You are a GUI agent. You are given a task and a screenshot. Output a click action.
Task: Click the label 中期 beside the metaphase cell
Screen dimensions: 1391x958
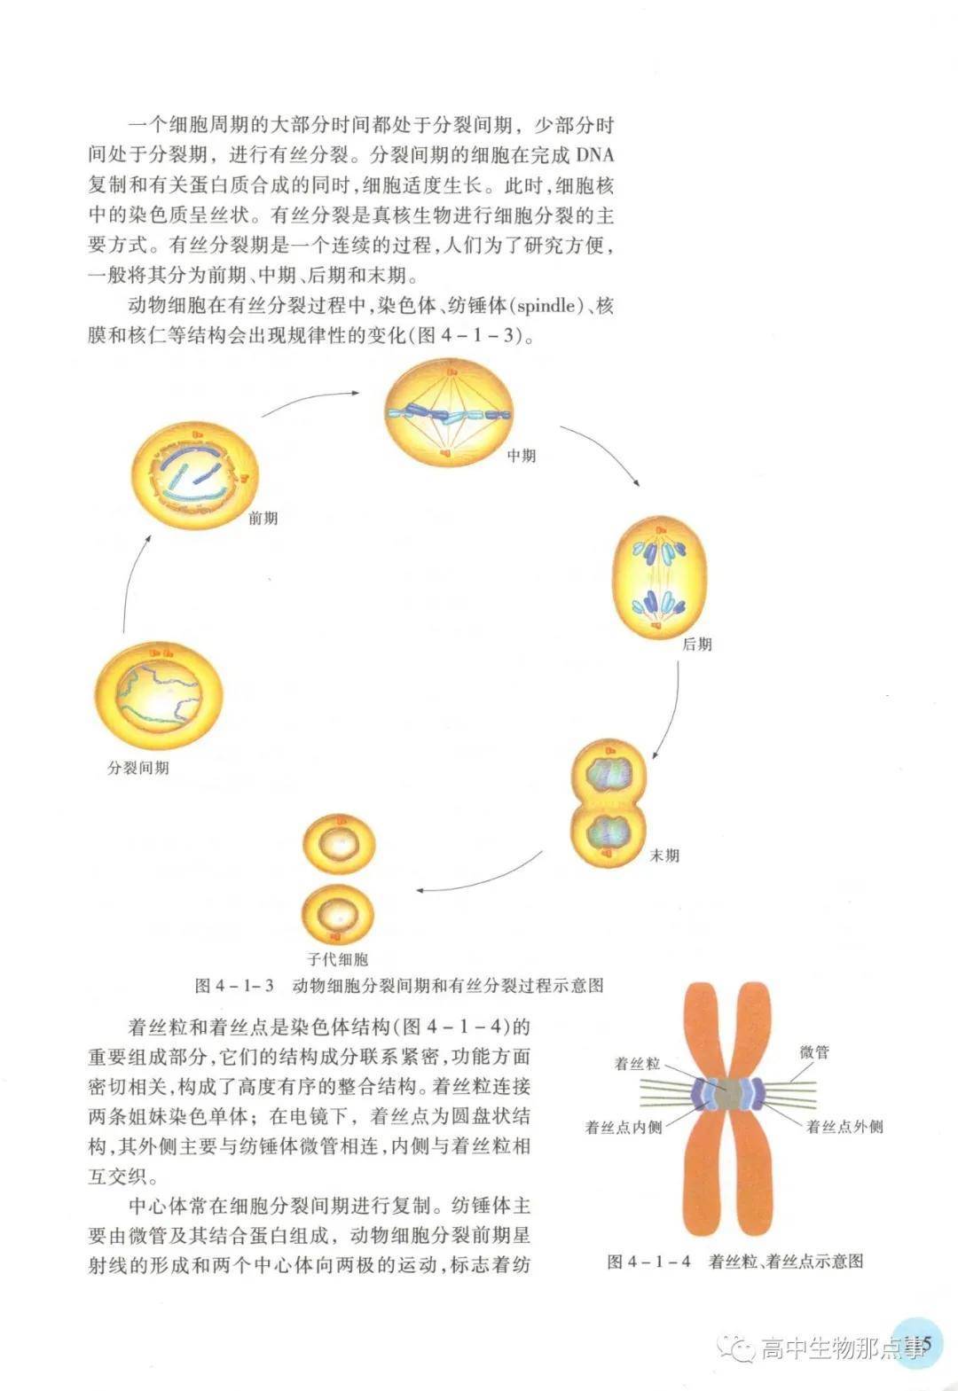pos(521,456)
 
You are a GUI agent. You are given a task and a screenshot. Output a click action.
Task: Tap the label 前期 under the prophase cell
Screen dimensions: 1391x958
pos(263,518)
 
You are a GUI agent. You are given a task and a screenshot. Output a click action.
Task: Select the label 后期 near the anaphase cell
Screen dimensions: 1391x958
pos(696,645)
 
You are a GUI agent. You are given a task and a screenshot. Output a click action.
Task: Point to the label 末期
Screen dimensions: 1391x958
pos(664,856)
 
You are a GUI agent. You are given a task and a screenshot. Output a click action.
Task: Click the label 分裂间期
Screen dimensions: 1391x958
pos(138,768)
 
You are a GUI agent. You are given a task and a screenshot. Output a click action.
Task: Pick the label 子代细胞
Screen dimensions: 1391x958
pos(337,958)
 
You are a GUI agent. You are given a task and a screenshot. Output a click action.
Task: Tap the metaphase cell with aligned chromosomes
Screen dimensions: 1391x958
pos(448,414)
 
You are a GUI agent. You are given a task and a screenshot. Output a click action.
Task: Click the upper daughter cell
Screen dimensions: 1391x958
pos(339,845)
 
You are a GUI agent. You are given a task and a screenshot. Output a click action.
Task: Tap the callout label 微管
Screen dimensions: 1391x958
pos(813,1052)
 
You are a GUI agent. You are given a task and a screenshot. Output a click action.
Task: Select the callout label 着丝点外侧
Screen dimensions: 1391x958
pos(844,1127)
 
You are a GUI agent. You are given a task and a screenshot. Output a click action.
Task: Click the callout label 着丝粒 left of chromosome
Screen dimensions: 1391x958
pos(636,1063)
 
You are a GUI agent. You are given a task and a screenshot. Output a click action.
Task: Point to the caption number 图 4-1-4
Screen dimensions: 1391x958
pos(648,1262)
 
